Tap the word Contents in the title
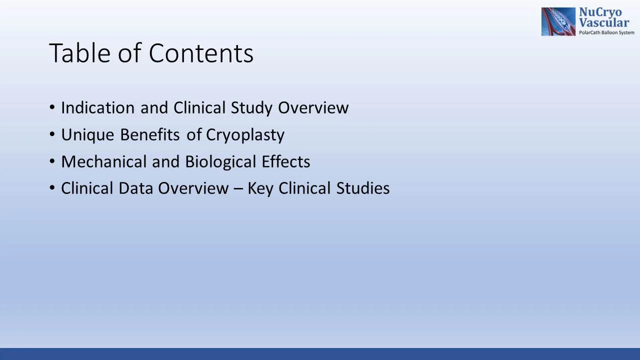[x=201, y=53]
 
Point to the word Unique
[x=87, y=135]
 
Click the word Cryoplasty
[x=245, y=135]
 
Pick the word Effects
[x=285, y=162]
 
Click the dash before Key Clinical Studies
[x=238, y=189]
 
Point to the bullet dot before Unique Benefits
[x=52, y=135]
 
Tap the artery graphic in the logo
[x=558, y=21]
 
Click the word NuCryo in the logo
[x=600, y=13]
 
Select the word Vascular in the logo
[x=604, y=23]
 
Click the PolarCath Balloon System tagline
[x=606, y=32]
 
